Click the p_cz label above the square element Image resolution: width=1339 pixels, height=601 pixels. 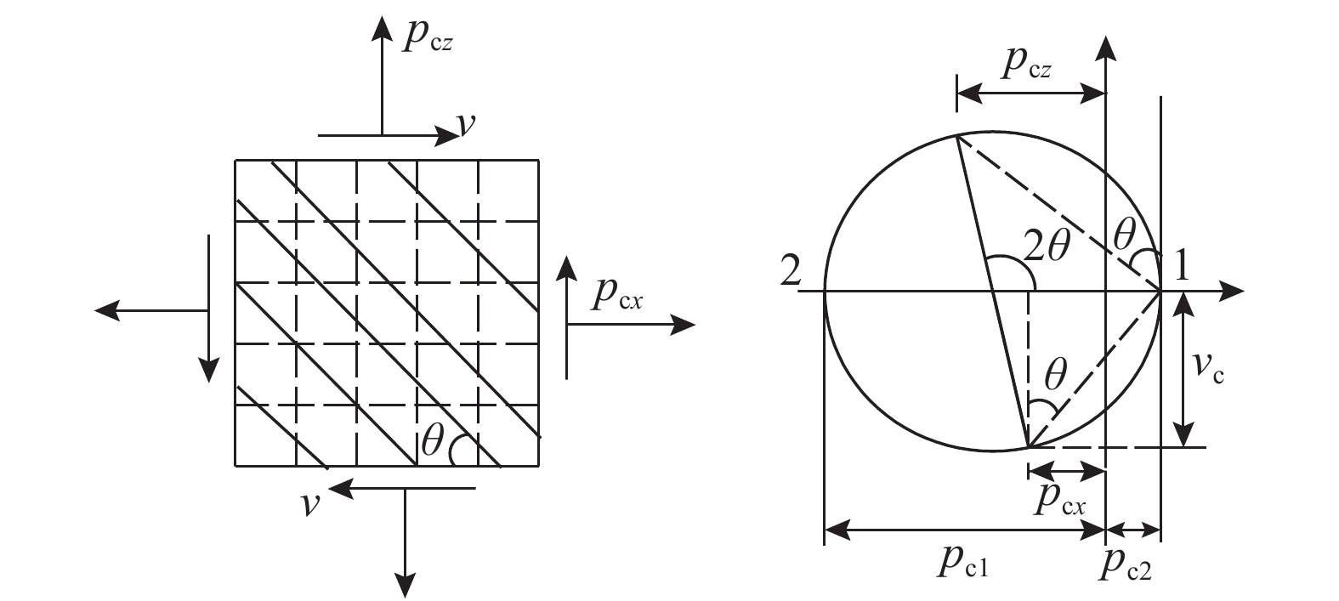point(428,35)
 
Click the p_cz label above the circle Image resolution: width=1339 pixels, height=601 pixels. point(1027,63)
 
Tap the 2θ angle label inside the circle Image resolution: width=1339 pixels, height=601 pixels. point(1047,245)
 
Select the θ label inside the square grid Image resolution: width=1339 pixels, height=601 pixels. point(433,441)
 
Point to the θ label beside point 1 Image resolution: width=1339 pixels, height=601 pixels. point(1125,234)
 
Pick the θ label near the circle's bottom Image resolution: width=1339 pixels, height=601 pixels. point(1056,375)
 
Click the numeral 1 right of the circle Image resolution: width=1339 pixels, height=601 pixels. point(1181,265)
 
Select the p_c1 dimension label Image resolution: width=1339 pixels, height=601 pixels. point(963,562)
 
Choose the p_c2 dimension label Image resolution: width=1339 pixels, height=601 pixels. point(1125,563)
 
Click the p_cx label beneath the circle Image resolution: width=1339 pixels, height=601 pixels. point(1060,500)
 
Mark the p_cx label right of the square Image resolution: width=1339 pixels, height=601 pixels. point(617,295)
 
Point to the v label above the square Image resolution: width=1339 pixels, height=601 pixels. point(466,124)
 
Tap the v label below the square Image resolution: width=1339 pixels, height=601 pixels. point(310,504)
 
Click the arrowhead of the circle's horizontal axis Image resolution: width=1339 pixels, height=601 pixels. point(1231,291)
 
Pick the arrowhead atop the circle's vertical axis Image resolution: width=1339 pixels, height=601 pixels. point(1106,48)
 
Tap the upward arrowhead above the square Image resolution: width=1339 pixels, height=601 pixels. point(382,29)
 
